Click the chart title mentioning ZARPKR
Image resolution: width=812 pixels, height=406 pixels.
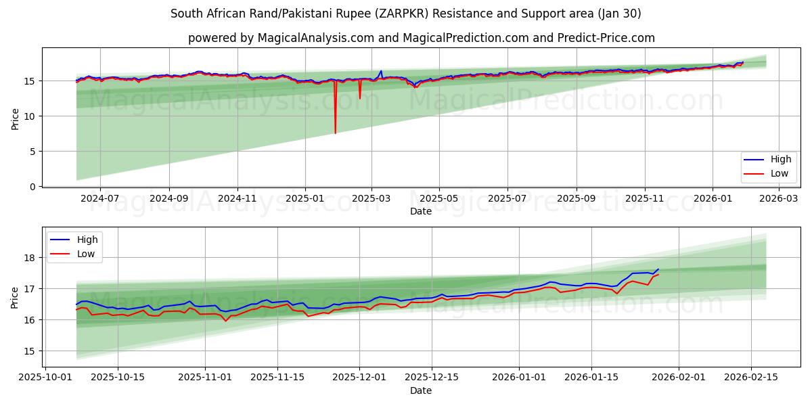(x=406, y=14)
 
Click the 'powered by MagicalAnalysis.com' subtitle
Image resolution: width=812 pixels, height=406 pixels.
(x=421, y=38)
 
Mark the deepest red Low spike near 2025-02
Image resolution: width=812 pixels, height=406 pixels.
(x=335, y=133)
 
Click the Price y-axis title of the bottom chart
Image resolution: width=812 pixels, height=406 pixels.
(x=15, y=297)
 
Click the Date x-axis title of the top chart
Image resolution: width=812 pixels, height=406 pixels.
(x=420, y=211)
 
